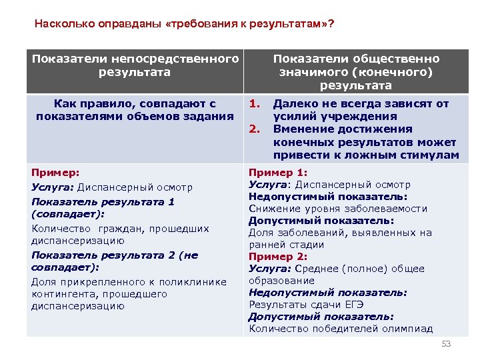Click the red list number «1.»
pos(254,103)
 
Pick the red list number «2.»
pos(254,129)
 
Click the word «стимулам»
pos(433,155)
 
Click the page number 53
pos(446,344)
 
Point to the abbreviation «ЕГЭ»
pos(354,305)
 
